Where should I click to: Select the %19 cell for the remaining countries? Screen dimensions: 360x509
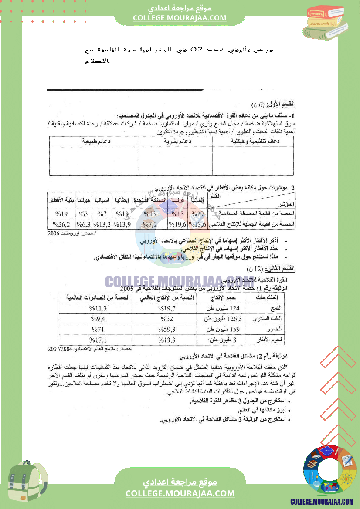pyautogui.click(x=61, y=214)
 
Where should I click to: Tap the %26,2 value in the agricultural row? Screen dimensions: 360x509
pyautogui.click(x=61, y=225)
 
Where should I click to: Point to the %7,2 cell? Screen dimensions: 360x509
pyautogui.click(x=150, y=225)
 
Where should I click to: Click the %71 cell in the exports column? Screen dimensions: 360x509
pyautogui.click(x=97, y=329)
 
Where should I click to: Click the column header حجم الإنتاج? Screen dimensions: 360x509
pyautogui.click(x=221, y=297)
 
